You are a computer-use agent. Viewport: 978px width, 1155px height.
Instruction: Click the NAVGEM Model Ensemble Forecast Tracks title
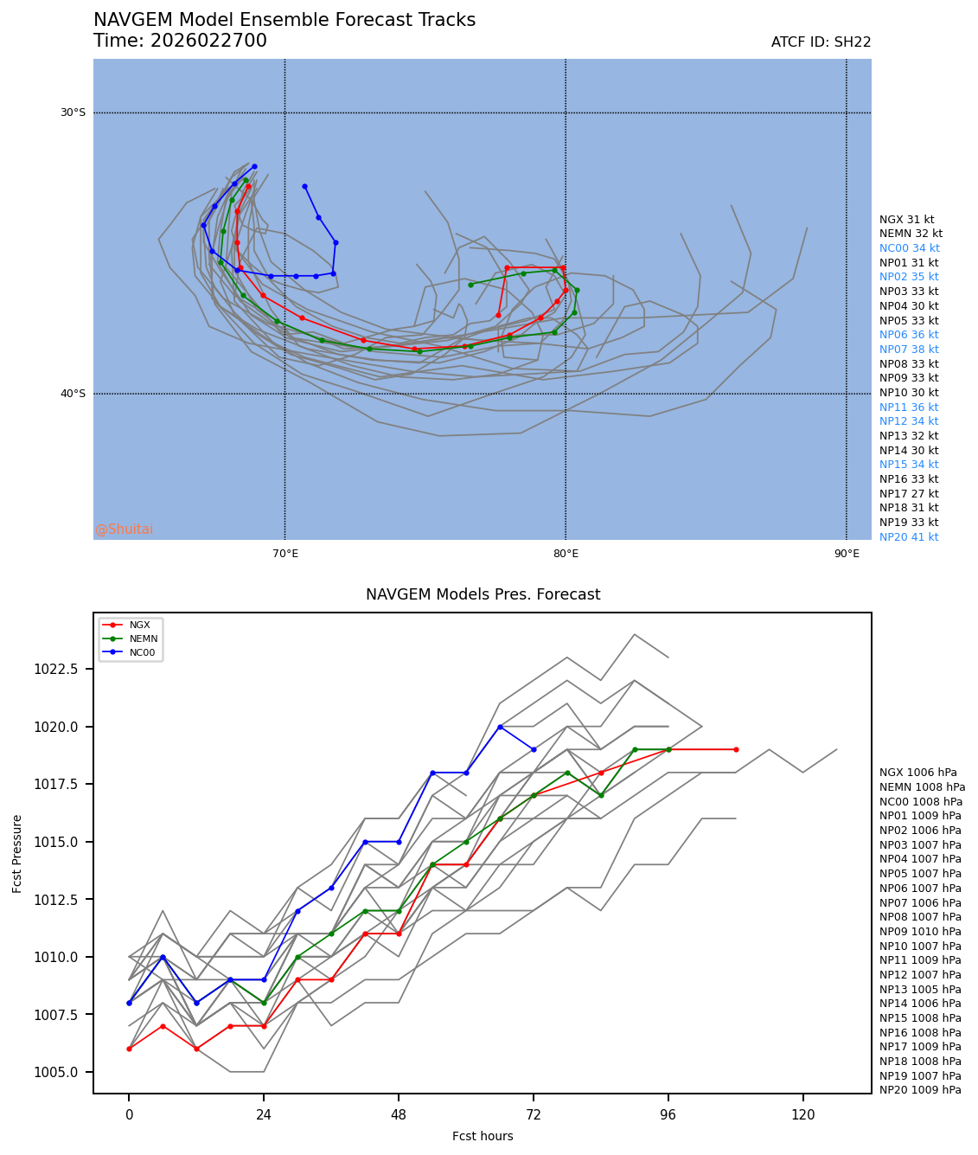pyautogui.click(x=284, y=20)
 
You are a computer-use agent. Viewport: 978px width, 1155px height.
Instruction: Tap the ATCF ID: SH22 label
pyautogui.click(x=821, y=42)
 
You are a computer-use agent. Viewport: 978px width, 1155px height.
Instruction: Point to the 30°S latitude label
pyautogui.click(x=73, y=112)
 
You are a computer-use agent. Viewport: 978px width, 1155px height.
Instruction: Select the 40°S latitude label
pyautogui.click(x=73, y=394)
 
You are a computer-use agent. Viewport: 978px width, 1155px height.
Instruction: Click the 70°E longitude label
pyautogui.click(x=284, y=554)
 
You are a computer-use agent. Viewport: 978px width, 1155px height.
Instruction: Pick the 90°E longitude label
pyautogui.click(x=846, y=554)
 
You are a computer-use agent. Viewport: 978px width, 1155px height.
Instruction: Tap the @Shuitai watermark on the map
pyautogui.click(x=124, y=529)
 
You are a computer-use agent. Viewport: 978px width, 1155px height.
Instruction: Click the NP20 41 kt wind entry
pyautogui.click(x=909, y=537)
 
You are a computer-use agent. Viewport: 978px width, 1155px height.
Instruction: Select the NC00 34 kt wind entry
pyautogui.click(x=909, y=248)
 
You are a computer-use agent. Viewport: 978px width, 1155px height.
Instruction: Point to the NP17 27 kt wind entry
pyautogui.click(x=909, y=494)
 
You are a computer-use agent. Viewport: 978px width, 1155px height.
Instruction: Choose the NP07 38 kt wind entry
pyautogui.click(x=909, y=350)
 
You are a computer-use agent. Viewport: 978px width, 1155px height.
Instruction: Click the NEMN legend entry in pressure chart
pyautogui.click(x=144, y=638)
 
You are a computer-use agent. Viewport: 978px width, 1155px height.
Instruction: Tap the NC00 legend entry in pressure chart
pyautogui.click(x=142, y=652)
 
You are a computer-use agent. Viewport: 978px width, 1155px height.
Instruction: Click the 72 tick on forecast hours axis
pyautogui.click(x=534, y=1114)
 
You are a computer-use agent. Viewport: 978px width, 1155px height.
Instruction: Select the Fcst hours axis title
pyautogui.click(x=483, y=1136)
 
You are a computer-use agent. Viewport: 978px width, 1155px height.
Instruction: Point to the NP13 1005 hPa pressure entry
pyautogui.click(x=920, y=989)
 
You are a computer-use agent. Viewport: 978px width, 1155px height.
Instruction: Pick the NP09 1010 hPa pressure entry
pyautogui.click(x=920, y=932)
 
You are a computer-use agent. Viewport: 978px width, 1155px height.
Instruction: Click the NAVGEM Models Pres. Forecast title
pyautogui.click(x=483, y=594)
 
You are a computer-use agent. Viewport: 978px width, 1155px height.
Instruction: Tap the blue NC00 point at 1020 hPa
pyautogui.click(x=500, y=727)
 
